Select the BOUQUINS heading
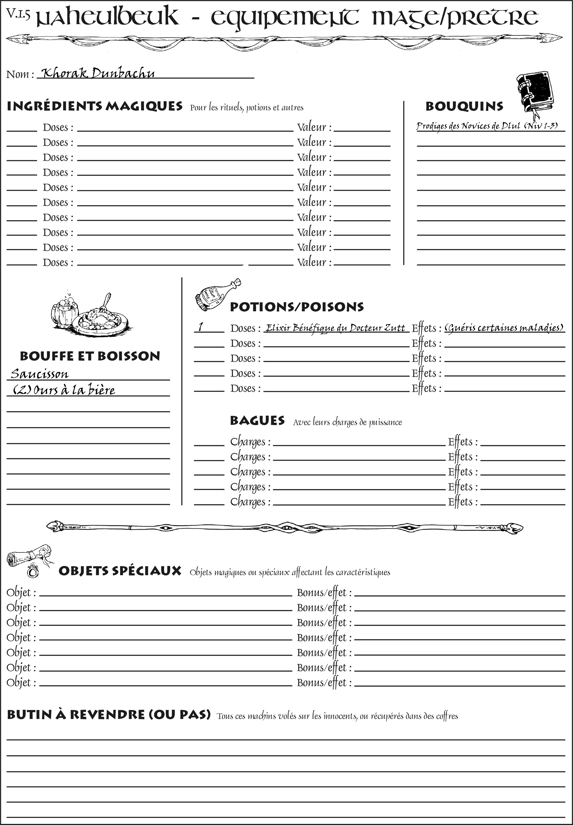(x=464, y=106)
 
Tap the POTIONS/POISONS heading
(x=297, y=307)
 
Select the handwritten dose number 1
(x=201, y=327)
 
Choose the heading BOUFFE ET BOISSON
(x=90, y=356)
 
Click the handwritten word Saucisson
(x=39, y=374)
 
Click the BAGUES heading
(x=257, y=420)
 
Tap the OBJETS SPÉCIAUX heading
(x=120, y=571)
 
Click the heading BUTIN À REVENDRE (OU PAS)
(x=108, y=714)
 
